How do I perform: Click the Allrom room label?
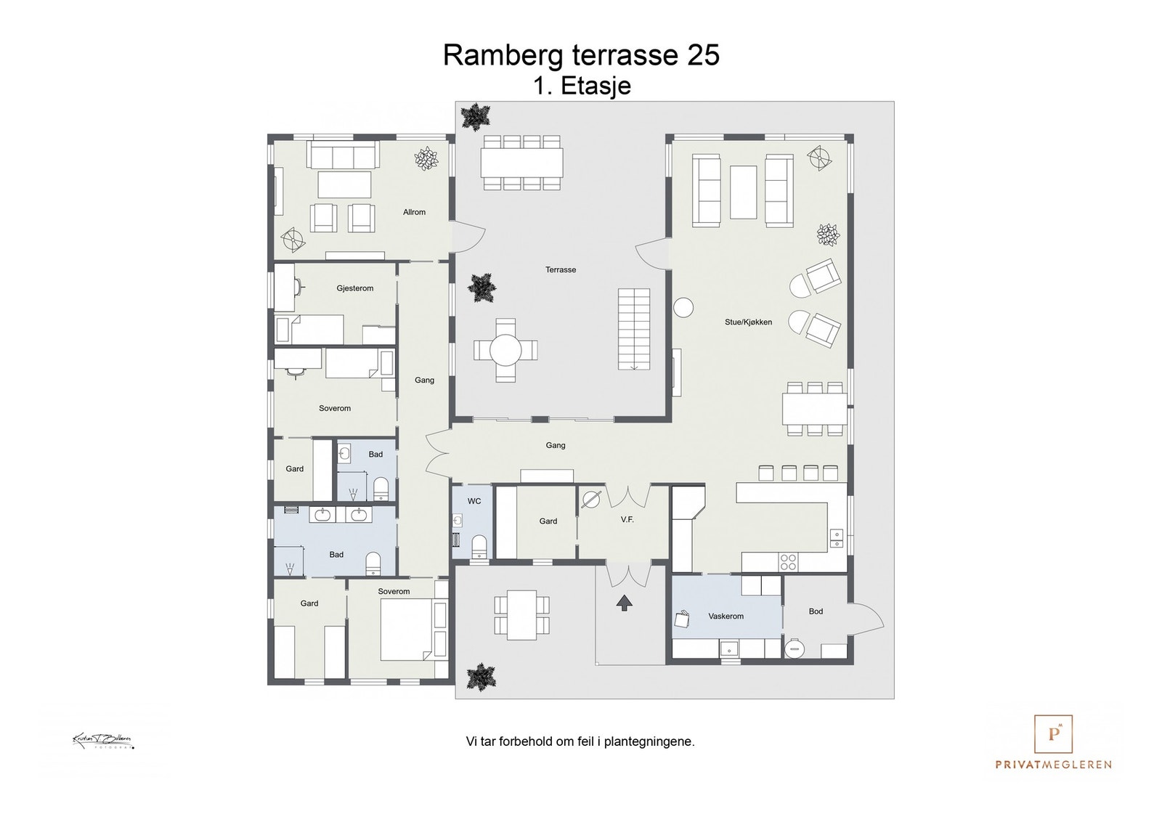(414, 212)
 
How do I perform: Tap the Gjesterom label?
(355, 288)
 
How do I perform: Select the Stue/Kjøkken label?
(748, 322)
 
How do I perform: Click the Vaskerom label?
(726, 616)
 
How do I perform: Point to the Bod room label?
(816, 611)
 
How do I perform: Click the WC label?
(474, 501)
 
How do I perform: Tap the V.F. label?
(627, 520)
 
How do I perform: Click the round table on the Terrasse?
(505, 350)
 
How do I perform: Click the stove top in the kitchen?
(788, 561)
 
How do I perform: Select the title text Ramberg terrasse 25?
(581, 55)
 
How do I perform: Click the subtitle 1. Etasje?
(582, 86)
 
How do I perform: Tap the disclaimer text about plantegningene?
(580, 742)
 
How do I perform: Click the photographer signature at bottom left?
(103, 741)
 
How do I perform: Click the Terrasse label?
(561, 269)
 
